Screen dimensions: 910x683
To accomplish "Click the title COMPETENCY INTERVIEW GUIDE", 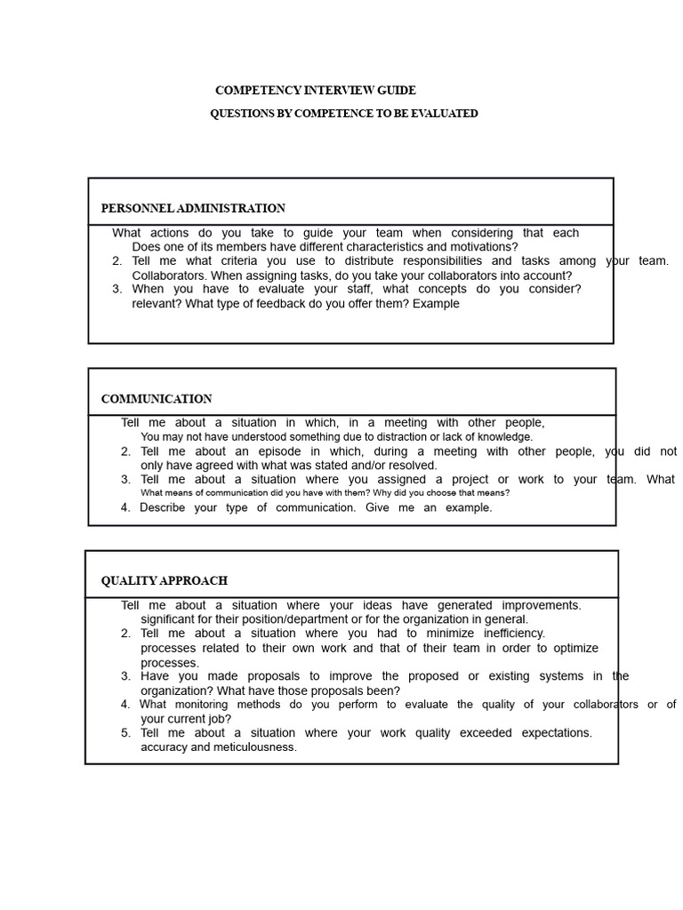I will click(x=316, y=91).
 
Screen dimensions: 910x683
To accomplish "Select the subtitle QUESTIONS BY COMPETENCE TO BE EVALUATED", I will click(x=344, y=114).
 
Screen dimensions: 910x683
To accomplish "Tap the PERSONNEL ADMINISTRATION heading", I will click(x=193, y=209).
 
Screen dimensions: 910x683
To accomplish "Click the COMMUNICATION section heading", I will click(x=157, y=399).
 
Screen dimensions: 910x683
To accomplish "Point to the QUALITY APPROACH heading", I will click(x=164, y=580).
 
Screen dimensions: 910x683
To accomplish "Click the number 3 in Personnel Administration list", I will click(x=117, y=289).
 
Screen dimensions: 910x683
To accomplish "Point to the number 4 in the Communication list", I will click(x=125, y=508).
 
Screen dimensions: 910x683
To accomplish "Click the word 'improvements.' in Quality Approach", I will click(x=541, y=605).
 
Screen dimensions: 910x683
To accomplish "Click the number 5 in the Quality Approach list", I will click(x=125, y=733).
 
